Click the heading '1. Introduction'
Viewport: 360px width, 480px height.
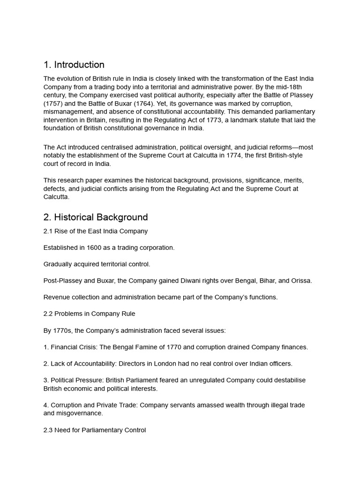[x=74, y=65]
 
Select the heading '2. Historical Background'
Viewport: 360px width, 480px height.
[x=96, y=217]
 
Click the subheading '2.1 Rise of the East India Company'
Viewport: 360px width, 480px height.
[x=96, y=231]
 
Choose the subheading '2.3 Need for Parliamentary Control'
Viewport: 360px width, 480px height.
[x=94, y=430]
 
